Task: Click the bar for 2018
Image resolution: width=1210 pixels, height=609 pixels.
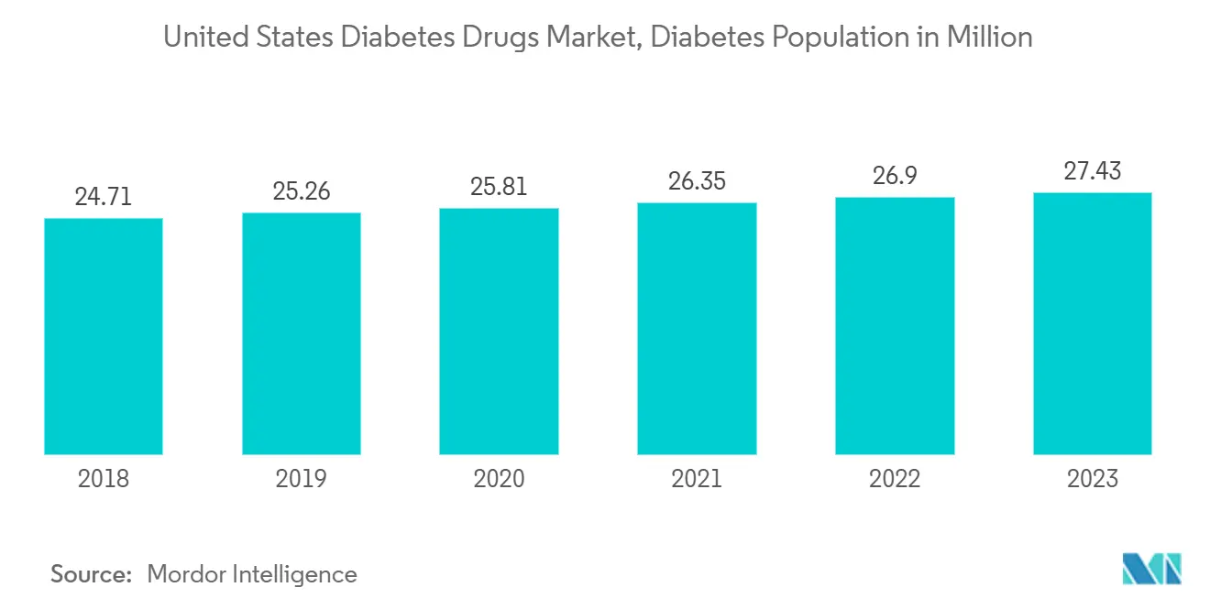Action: point(104,336)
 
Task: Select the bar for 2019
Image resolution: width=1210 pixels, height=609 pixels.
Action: point(302,333)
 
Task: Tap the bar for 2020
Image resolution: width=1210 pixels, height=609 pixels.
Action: point(499,331)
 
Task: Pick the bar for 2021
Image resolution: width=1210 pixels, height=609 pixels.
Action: point(697,328)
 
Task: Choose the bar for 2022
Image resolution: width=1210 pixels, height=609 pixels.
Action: point(895,325)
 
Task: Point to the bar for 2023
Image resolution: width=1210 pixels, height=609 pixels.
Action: point(1092,323)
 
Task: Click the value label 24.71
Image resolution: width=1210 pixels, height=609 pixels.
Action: point(104,197)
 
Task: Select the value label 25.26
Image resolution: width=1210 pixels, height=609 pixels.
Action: point(302,191)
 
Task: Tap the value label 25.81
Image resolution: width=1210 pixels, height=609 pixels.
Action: point(499,187)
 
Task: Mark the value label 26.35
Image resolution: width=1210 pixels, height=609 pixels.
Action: point(697,181)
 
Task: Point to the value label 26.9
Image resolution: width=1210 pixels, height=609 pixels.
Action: point(895,176)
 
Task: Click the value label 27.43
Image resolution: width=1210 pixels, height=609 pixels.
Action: point(1092,171)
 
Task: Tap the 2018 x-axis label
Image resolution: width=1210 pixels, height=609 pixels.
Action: point(104,479)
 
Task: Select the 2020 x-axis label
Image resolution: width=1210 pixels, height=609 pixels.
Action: point(499,479)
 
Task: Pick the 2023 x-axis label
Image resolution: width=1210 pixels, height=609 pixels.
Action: point(1092,479)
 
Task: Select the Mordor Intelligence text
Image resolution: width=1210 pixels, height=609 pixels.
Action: point(252,574)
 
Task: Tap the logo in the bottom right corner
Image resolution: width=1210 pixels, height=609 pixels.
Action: point(1152,569)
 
